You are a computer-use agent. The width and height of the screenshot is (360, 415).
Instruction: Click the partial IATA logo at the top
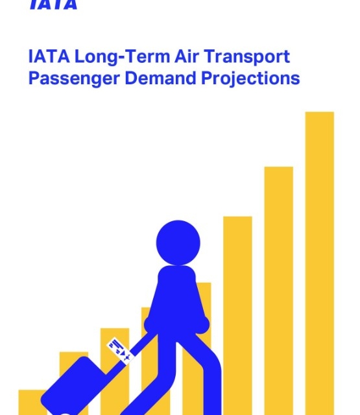pyautogui.click(x=53, y=5)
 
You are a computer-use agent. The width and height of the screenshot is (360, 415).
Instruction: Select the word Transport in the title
pyautogui.click(x=246, y=58)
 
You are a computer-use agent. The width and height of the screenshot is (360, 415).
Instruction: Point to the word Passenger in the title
pyautogui.click(x=74, y=79)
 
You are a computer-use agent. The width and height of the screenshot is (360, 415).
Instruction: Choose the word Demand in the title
pyautogui.click(x=160, y=78)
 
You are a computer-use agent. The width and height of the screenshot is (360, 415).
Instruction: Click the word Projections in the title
pyautogui.click(x=250, y=78)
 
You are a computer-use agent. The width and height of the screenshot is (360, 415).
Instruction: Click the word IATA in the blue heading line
pyautogui.click(x=49, y=56)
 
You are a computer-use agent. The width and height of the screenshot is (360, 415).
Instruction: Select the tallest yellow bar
pyautogui.click(x=320, y=263)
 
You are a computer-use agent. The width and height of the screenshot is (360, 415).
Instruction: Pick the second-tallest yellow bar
pyautogui.click(x=279, y=290)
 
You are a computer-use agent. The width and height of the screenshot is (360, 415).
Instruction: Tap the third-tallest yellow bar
pyautogui.click(x=237, y=316)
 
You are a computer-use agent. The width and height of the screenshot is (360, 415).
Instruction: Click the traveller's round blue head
pyautogui.click(x=178, y=243)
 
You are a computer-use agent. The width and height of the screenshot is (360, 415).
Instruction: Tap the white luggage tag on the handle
pyautogui.click(x=119, y=351)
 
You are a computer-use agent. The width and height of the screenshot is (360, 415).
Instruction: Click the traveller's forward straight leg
pyautogui.click(x=212, y=384)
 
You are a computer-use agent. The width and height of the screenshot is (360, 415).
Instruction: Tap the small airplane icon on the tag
pyautogui.click(x=126, y=357)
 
